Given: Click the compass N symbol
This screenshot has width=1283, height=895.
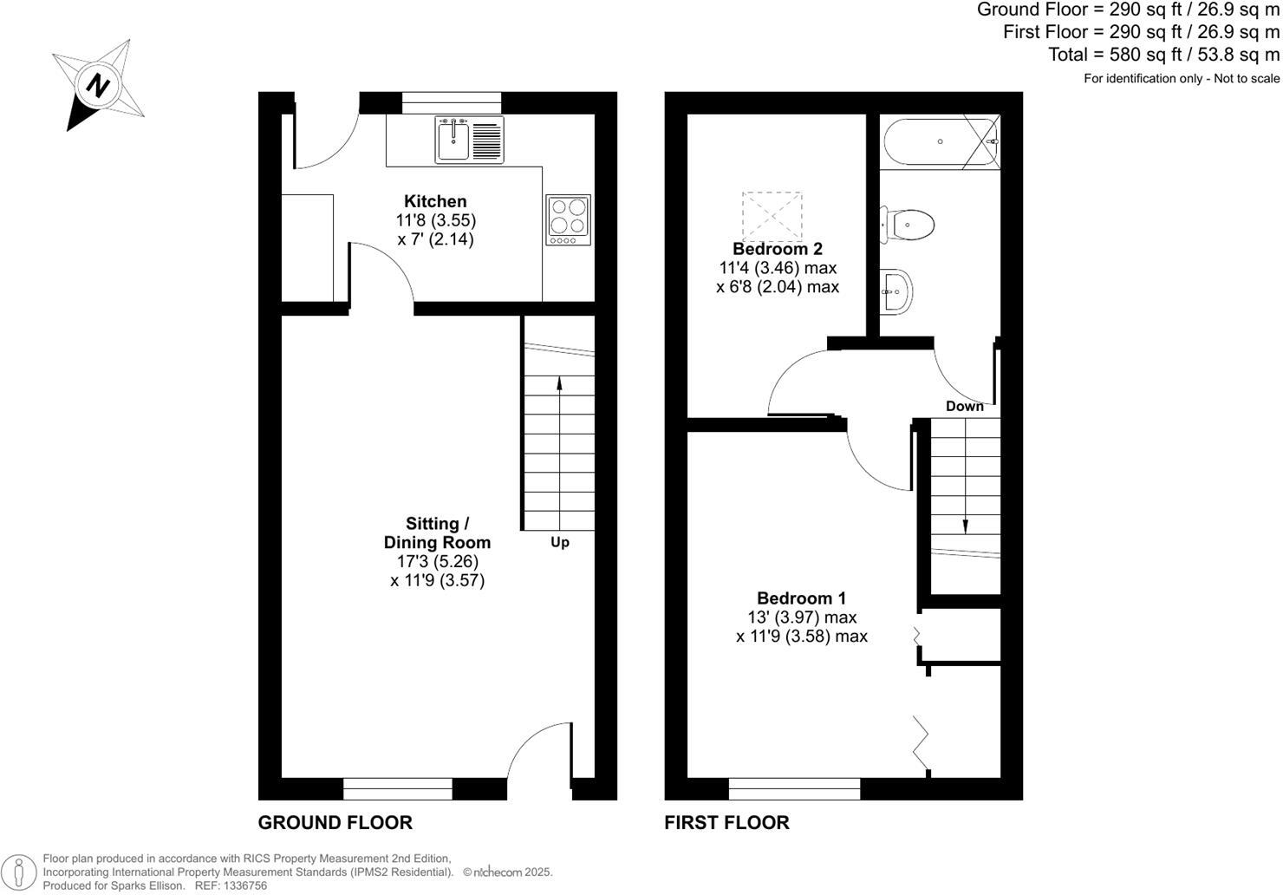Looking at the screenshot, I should click(98, 85).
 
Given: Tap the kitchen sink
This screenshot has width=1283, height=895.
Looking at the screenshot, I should click(453, 140).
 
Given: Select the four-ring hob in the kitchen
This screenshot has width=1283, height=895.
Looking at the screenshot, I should click(568, 219).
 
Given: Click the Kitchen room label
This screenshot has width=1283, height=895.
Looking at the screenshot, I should click(435, 201).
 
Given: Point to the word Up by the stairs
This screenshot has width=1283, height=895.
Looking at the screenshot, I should click(560, 543).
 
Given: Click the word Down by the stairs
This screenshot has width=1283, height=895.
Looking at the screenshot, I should click(964, 406).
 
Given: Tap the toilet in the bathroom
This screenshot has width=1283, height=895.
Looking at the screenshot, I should click(909, 225).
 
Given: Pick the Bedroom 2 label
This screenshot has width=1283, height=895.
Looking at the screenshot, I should click(778, 249).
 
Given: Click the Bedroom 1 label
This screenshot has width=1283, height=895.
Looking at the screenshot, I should click(801, 598).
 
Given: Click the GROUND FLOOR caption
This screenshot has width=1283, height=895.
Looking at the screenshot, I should click(335, 822).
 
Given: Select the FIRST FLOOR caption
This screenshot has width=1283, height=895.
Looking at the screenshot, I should click(726, 822).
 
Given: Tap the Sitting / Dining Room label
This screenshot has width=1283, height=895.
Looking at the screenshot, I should click(437, 533).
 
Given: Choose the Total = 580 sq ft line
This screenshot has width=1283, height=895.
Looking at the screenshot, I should click(1163, 55).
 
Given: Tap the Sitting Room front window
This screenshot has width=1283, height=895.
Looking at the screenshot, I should click(398, 788).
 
